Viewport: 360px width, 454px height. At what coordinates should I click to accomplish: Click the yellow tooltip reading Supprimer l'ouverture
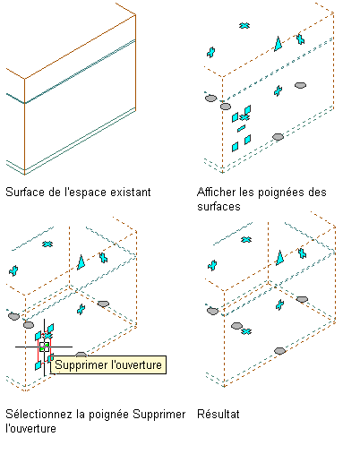pos(108,364)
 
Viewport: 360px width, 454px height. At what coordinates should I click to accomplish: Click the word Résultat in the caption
pos(219,414)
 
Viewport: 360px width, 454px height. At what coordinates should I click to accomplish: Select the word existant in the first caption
pos(131,192)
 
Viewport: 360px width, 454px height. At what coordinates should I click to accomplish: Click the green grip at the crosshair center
pos(44,347)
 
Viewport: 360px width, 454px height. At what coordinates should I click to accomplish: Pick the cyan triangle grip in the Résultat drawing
pos(279,258)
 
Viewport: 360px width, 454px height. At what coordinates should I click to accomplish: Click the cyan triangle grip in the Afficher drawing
pos(279,44)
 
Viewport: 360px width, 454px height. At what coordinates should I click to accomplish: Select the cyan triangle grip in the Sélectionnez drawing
pos(81,262)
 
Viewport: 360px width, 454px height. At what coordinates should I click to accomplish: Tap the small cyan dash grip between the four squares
pos(241,128)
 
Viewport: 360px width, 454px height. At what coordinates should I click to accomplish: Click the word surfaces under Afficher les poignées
pos(219,207)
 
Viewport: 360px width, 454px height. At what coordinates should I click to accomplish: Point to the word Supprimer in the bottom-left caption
pos(159,415)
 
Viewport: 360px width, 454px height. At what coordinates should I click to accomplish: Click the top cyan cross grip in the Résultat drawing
pos(245,239)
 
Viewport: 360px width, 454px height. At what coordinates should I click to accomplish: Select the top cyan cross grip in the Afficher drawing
pos(244,26)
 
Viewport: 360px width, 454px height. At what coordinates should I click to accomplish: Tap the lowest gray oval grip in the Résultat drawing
pos(279,351)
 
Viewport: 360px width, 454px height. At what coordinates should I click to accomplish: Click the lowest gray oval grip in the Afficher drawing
pos(279,137)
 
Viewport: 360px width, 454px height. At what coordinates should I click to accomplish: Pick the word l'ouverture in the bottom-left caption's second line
pos(30,428)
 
